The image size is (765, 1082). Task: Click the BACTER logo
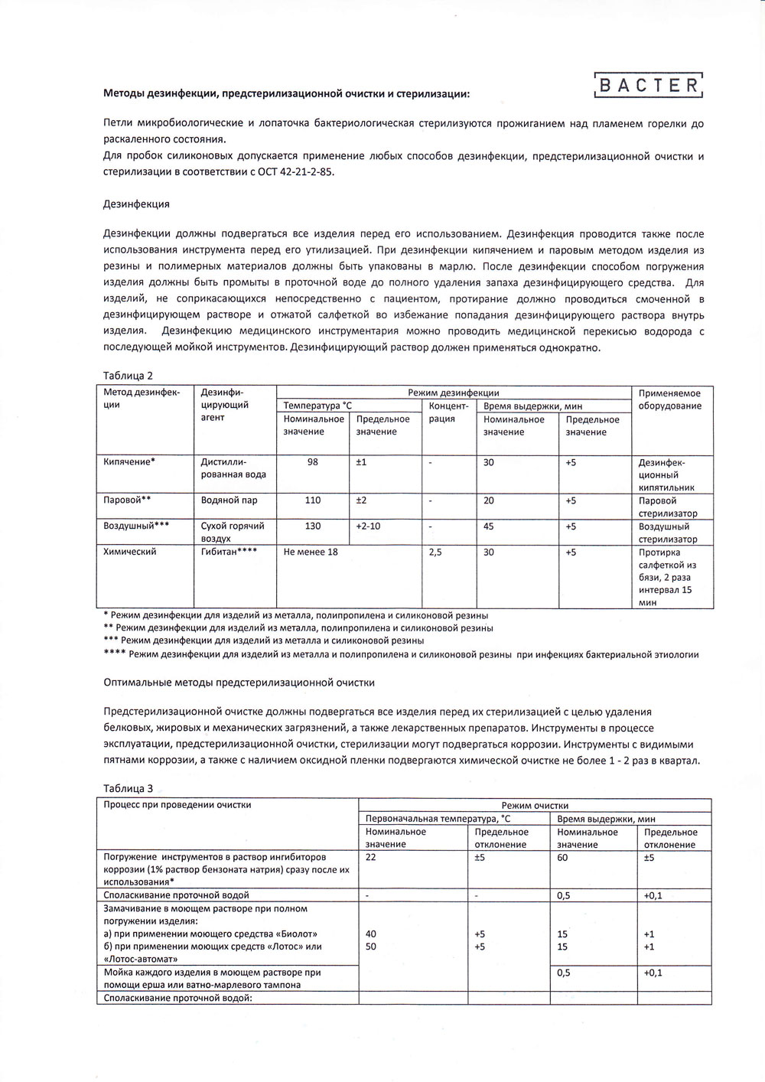648,85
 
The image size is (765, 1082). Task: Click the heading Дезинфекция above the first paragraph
136,204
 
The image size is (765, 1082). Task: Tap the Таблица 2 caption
128,375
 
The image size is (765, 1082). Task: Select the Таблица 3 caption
128,787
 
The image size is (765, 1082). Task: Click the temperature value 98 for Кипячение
312,461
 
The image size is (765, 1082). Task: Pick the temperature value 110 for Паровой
312,500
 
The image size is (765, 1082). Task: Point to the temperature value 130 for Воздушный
312,526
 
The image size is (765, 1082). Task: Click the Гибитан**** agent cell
228,552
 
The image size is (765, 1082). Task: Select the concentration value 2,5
435,552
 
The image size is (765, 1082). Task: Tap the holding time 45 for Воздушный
489,526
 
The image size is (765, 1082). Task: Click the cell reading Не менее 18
311,552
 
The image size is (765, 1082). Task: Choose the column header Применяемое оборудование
670,399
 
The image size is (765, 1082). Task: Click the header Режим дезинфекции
453,393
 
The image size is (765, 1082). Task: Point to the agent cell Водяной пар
229,500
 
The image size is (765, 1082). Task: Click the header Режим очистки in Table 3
535,805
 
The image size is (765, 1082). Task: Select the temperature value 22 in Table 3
371,858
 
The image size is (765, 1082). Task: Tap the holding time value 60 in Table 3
563,858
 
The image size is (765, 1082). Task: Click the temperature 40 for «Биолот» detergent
371,934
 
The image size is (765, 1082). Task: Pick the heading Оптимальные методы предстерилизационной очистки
239,681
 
